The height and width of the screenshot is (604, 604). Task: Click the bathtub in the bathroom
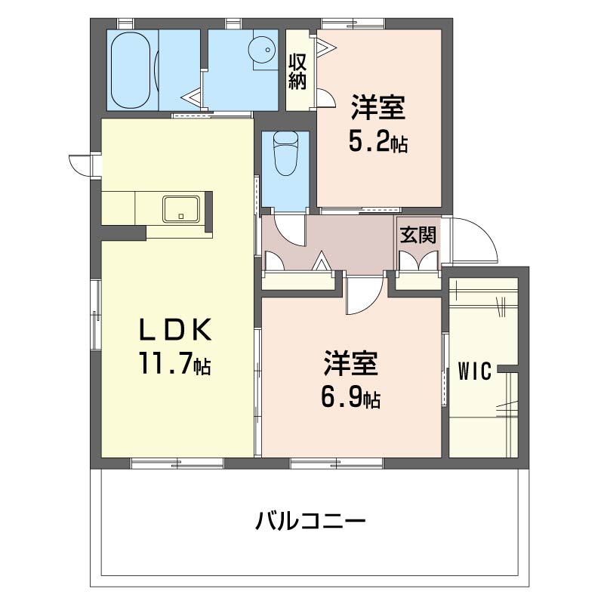(x=130, y=70)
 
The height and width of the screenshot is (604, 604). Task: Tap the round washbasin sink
(x=262, y=50)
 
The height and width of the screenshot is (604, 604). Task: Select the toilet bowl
(x=285, y=154)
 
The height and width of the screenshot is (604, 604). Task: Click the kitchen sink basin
(x=181, y=209)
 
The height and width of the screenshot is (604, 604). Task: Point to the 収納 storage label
(x=297, y=72)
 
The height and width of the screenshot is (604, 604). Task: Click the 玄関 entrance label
(x=418, y=235)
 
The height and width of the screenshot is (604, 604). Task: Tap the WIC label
(x=475, y=371)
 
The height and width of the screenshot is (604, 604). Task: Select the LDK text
(x=175, y=330)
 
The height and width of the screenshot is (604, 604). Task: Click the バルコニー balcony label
(x=310, y=521)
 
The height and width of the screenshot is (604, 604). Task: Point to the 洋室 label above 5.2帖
(x=378, y=108)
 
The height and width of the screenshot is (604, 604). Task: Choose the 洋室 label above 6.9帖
(x=350, y=363)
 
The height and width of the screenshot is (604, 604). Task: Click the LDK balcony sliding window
(x=177, y=463)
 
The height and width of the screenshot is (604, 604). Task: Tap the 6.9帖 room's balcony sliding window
(x=336, y=463)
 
